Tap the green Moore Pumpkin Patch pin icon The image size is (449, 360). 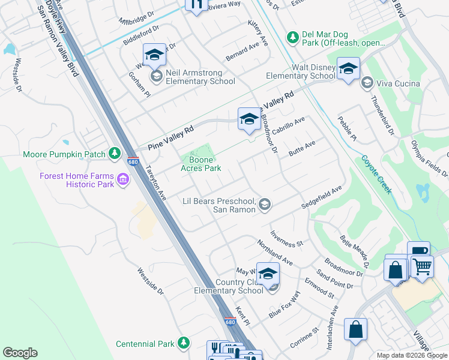[115, 154]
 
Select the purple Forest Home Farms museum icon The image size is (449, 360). [123, 179]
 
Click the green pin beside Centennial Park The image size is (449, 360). [183, 343]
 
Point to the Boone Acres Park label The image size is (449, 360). [201, 164]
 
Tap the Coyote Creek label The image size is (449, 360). [376, 175]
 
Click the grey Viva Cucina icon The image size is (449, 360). [367, 83]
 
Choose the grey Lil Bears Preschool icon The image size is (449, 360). [264, 206]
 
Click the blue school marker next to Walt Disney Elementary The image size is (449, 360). [348, 69]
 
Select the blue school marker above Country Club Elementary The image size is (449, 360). [268, 274]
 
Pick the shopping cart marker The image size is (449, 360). [422, 266]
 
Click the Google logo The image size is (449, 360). [20, 353]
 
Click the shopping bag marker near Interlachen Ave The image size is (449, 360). [355, 330]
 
